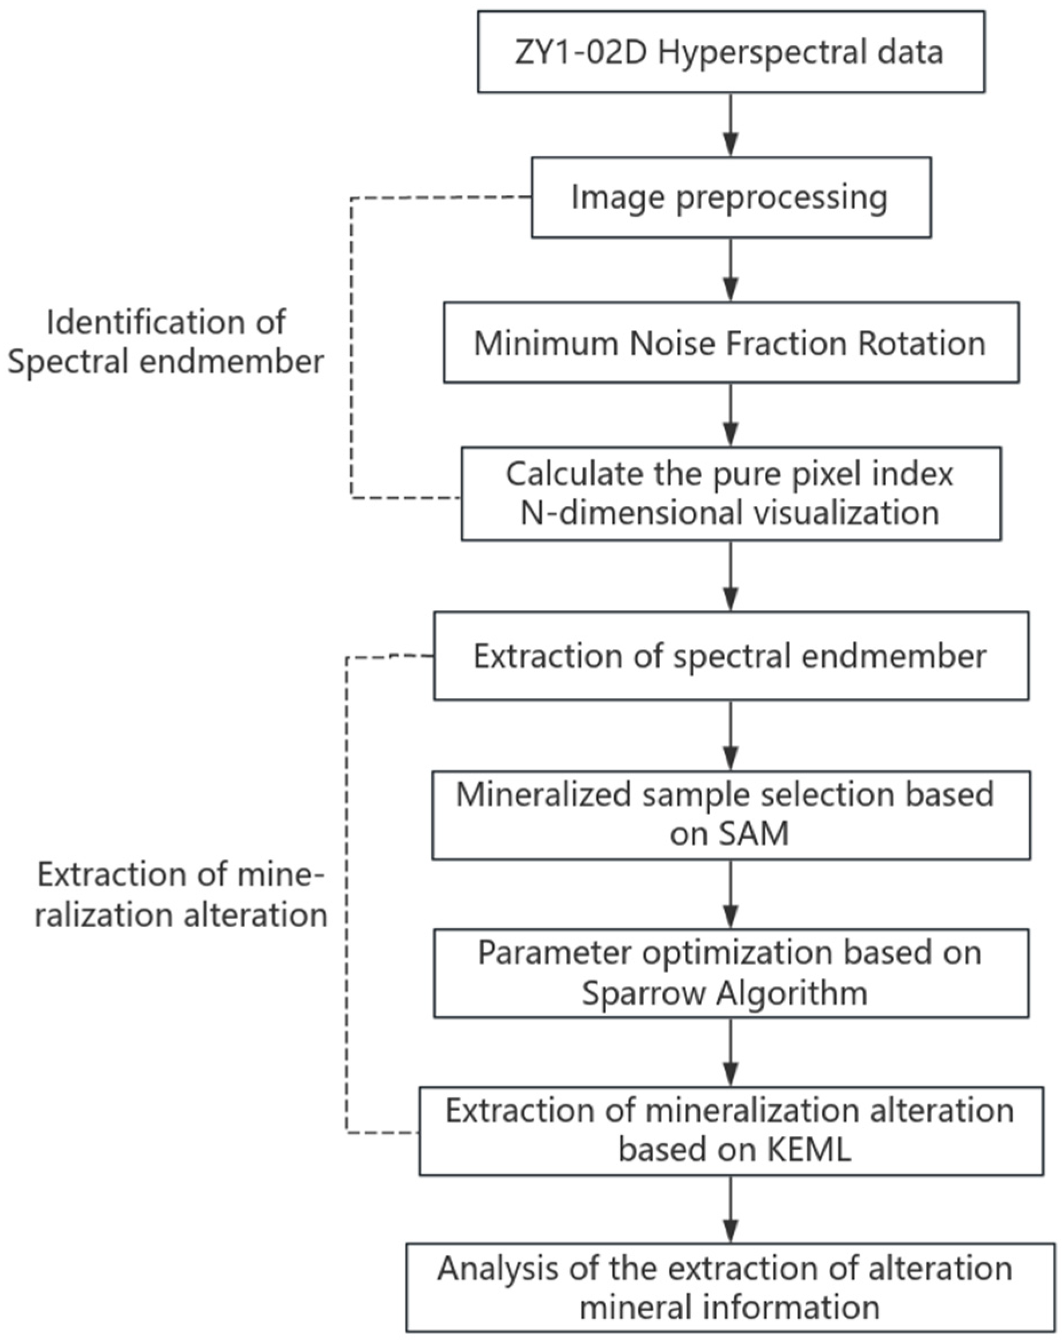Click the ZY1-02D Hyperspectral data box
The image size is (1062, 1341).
point(731,52)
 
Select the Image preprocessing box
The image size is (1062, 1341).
point(731,197)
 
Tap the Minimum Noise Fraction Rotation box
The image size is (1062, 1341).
point(731,343)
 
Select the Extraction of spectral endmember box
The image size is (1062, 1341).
point(731,656)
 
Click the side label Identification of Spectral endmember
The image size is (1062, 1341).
point(166,342)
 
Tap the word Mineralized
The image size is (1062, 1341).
point(543,795)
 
